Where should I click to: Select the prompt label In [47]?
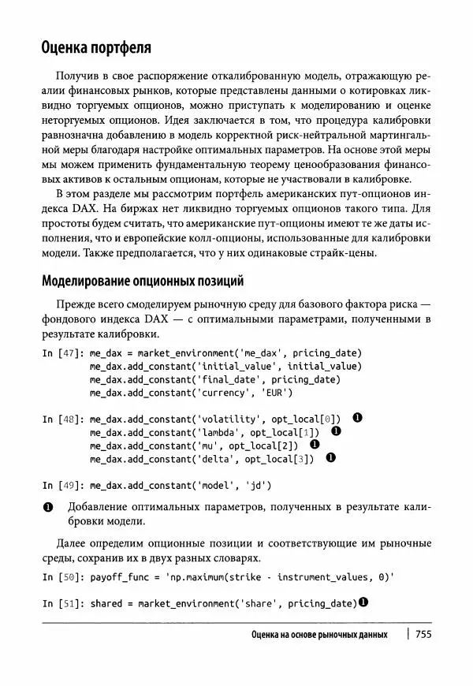tap(63, 353)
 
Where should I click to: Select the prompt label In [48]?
tap(63, 419)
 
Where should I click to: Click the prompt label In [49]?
tap(63, 484)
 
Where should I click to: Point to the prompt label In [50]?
tap(63, 577)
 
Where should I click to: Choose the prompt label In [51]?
tap(63, 604)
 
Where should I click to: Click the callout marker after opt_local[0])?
tap(357, 418)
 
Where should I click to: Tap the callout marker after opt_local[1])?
tap(335, 431)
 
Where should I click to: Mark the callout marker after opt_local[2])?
tap(315, 444)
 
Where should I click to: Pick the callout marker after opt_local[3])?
tap(330, 457)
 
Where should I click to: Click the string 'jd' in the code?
tap(256, 484)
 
